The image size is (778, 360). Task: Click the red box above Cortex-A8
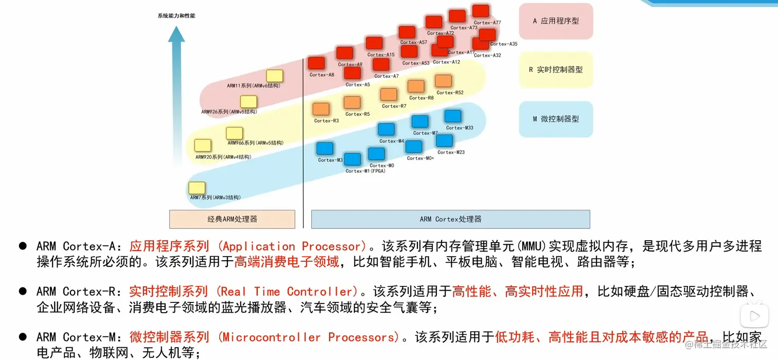(316, 63)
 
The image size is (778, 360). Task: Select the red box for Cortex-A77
(481, 11)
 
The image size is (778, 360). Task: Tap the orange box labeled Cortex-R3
(321, 109)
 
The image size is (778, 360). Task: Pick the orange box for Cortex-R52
(443, 81)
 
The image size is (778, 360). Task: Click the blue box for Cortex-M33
(453, 116)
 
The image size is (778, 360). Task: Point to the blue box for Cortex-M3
(325, 149)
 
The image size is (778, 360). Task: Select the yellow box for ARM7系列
(197, 188)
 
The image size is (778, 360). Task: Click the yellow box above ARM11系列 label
(274, 76)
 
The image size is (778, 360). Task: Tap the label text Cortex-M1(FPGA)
(365, 171)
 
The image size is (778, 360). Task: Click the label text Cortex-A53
(416, 63)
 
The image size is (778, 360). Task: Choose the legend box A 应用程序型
(556, 22)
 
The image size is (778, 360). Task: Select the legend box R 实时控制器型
(556, 70)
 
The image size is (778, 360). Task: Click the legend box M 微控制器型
(556, 119)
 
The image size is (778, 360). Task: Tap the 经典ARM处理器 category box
(232, 219)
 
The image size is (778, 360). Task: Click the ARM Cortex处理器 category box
(450, 219)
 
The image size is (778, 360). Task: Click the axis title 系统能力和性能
(176, 16)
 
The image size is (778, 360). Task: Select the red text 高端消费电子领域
(287, 262)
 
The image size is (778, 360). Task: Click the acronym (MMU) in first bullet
(532, 246)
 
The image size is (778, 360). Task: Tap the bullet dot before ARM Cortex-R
(23, 291)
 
